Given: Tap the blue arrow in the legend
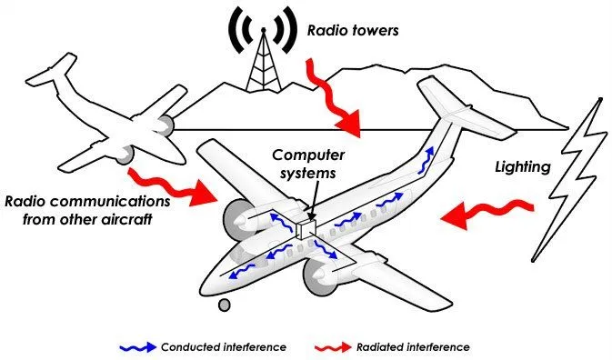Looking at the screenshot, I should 138,346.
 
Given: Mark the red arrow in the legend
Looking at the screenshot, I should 337,346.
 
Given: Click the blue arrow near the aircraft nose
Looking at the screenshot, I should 244,270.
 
